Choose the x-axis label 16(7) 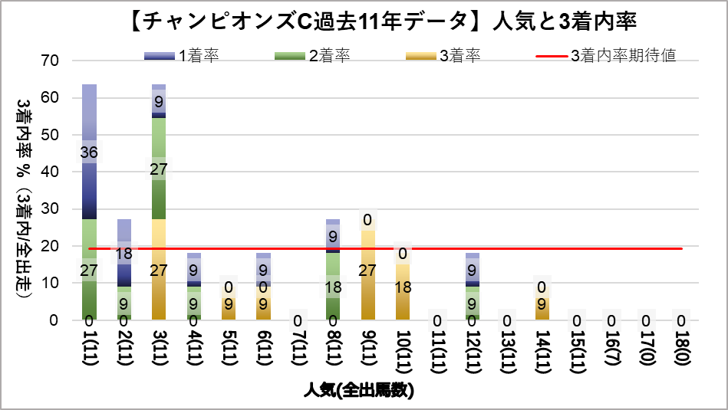(x=611, y=349)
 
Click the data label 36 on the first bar (x=89, y=153)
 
